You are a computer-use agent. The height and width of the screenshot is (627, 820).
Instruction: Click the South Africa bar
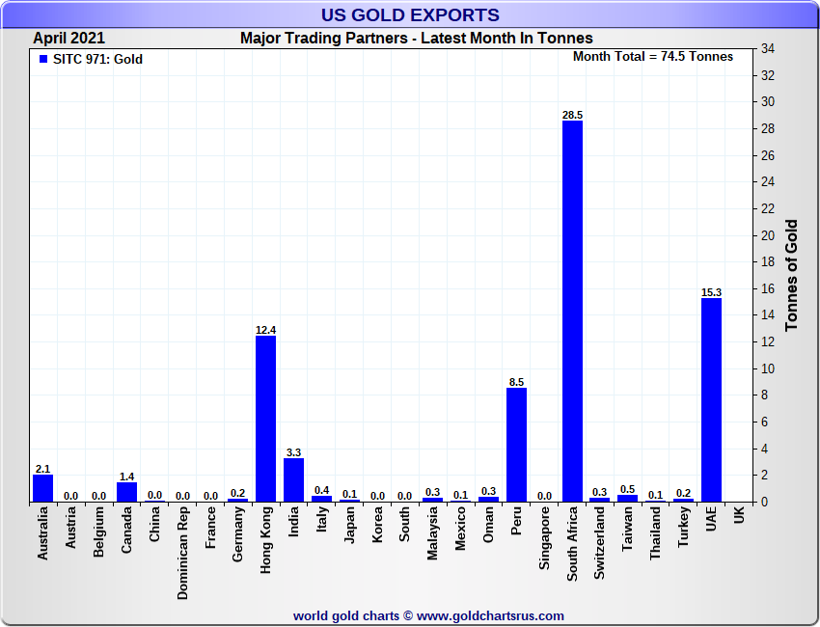[572, 311]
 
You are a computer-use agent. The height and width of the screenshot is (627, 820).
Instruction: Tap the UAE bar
[711, 399]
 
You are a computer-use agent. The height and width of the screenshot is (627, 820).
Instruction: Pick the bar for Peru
[516, 445]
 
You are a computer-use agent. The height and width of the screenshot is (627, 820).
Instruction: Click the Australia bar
[42, 488]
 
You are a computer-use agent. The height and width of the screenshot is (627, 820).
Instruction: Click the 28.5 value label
[572, 115]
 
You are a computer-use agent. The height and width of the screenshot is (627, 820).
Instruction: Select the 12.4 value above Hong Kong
[265, 330]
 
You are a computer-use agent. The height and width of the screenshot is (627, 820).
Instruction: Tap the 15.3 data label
[711, 291]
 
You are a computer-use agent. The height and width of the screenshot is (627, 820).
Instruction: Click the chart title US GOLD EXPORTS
[410, 14]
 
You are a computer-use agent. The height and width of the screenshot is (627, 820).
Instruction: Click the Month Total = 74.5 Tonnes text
[652, 57]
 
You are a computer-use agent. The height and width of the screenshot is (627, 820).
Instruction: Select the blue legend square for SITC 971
[42, 60]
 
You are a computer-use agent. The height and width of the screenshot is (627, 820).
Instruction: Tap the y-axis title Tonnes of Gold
[792, 276]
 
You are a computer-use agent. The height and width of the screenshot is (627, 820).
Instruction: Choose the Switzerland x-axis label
[600, 544]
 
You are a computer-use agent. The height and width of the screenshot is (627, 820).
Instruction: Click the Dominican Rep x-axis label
[182, 555]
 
